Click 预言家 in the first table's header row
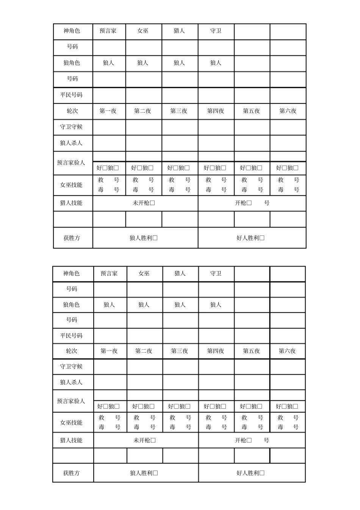(x=108, y=31)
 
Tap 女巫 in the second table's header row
(x=144, y=273)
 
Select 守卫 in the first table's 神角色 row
(x=216, y=31)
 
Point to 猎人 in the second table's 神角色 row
(x=180, y=273)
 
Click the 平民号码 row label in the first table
(x=71, y=95)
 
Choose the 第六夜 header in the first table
(x=288, y=111)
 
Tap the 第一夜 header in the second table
(x=109, y=351)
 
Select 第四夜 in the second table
(x=215, y=351)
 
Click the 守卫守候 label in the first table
(x=71, y=127)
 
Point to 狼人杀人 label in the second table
(x=71, y=382)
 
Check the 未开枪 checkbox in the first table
(x=152, y=203)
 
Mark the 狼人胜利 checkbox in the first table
(x=155, y=238)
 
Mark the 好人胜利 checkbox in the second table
(x=262, y=473)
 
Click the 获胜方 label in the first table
(x=72, y=238)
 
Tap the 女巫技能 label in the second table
(x=71, y=422)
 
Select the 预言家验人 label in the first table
(x=71, y=163)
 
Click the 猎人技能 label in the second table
(x=71, y=440)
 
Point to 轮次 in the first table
(x=72, y=111)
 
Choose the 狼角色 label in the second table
(x=71, y=305)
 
